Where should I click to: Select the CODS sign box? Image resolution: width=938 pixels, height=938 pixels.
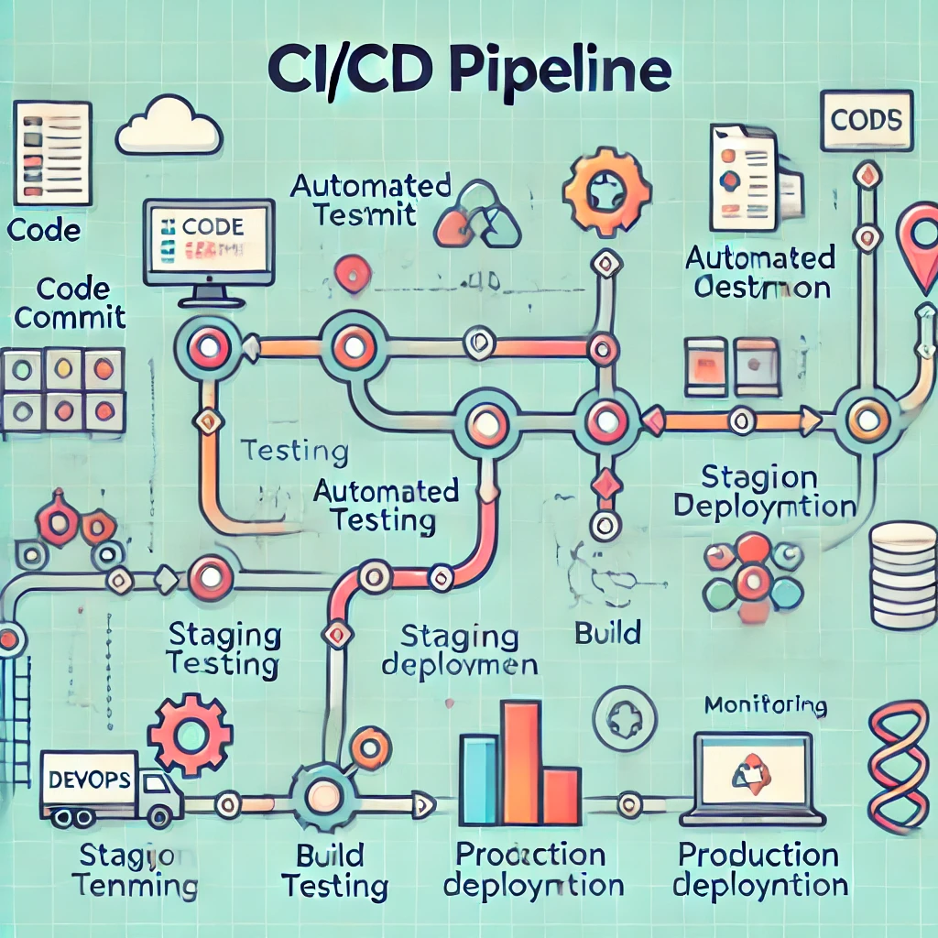[866, 120]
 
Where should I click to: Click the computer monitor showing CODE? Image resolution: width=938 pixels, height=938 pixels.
[210, 243]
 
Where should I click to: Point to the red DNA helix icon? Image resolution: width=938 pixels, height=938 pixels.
[898, 766]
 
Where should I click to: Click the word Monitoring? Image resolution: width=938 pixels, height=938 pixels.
[766, 705]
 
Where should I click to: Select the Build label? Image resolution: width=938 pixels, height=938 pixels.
[606, 632]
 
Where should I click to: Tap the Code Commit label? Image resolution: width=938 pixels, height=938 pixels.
[70, 304]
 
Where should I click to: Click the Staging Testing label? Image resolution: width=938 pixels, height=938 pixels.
[224, 649]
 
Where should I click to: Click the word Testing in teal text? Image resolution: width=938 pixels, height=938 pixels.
[294, 452]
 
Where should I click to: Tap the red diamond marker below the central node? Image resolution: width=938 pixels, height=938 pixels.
[605, 484]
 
